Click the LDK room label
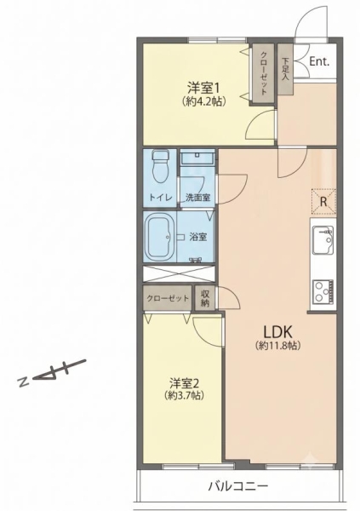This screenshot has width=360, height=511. [278, 332]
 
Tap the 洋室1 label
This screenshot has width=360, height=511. [203, 88]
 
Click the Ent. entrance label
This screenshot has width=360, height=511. [319, 61]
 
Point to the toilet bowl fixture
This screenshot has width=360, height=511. [161, 165]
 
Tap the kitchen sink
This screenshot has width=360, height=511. [323, 239]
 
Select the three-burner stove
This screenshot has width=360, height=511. [323, 290]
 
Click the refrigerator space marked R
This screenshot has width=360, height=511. [323, 202]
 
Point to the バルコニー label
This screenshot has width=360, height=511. [238, 486]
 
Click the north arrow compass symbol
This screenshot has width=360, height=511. [52, 373]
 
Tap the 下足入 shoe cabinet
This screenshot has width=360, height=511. [285, 69]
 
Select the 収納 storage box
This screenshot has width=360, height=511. [205, 298]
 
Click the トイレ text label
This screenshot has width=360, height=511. [160, 198]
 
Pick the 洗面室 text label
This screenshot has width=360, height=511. [198, 198]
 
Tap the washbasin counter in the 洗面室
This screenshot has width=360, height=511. [197, 158]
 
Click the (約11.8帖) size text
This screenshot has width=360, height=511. [278, 346]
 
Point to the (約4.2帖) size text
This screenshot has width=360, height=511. [204, 101]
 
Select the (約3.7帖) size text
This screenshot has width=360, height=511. [185, 395]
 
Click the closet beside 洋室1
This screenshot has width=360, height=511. [263, 73]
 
